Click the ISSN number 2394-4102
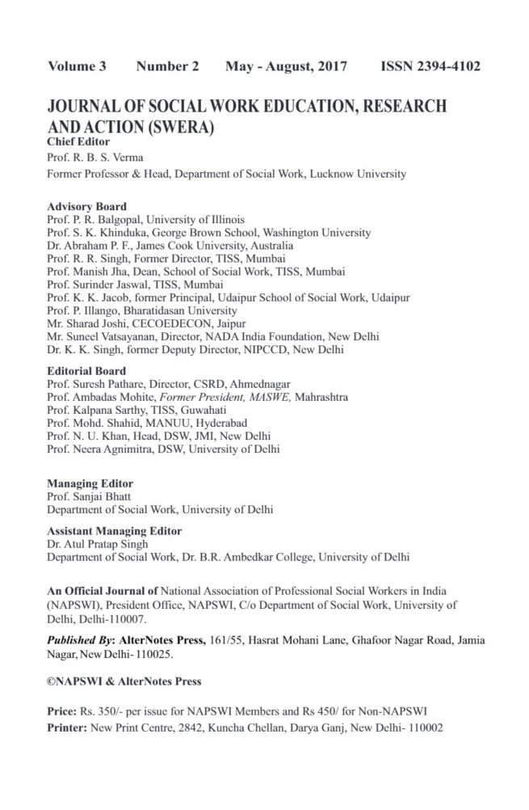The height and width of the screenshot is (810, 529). pyautogui.click(x=430, y=66)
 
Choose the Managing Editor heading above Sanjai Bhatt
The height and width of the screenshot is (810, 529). pyautogui.click(x=90, y=483)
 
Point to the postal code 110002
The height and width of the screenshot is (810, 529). pyautogui.click(x=421, y=726)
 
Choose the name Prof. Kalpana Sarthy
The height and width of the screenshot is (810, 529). pyautogui.click(x=94, y=410)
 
